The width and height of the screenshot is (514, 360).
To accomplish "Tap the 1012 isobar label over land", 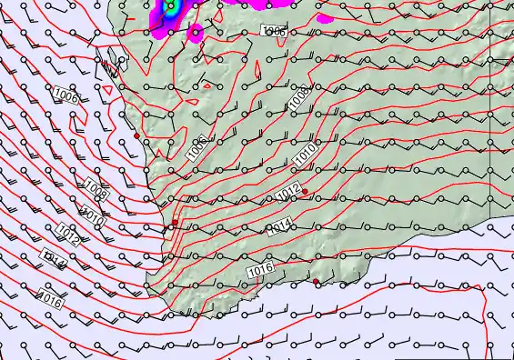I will tap(287, 193).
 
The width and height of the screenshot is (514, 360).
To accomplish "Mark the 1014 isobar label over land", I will tap(279, 227).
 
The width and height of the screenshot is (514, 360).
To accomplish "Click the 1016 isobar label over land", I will tap(260, 269).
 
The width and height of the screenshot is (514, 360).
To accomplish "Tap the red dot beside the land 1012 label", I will tap(306, 192).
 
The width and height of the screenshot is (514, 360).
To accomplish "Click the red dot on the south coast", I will tap(317, 282).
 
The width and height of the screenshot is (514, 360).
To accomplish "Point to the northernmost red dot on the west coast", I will tap(136, 136).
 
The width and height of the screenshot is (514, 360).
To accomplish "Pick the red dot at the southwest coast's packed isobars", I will tap(175, 222).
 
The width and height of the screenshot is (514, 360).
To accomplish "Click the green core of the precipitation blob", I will tap(168, 5).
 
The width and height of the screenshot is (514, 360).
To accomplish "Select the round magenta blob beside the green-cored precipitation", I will tap(196, 33).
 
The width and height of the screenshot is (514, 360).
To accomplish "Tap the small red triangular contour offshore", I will tap(106, 90).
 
